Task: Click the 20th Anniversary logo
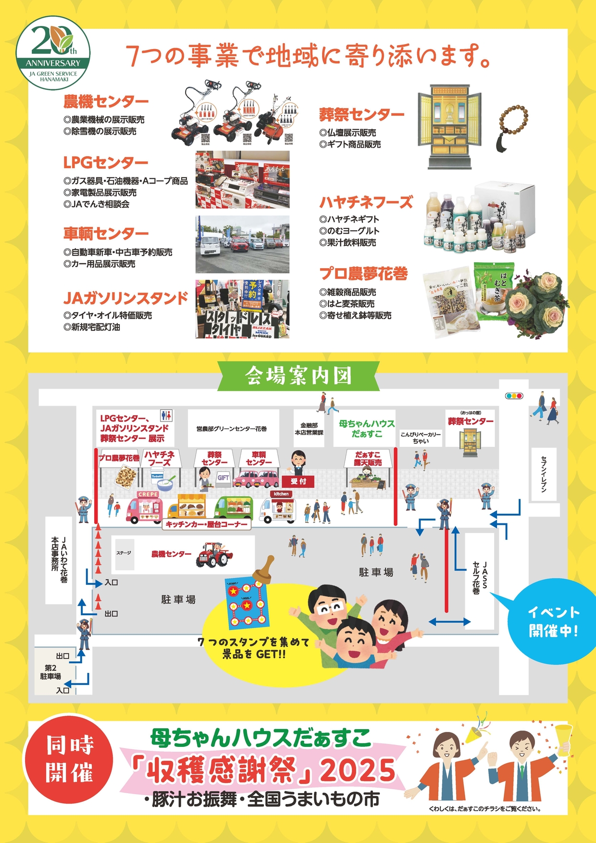point(53,53)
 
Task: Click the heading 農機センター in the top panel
point(106,102)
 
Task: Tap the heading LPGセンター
point(106,162)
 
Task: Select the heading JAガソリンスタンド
point(125,298)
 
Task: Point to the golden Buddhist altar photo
point(449,127)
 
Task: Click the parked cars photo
point(242,244)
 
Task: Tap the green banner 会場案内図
point(298,376)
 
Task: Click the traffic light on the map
point(514,396)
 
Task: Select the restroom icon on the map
point(166,415)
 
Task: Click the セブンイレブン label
point(544,474)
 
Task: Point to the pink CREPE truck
point(145,508)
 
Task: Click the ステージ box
point(124,553)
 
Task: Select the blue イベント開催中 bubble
point(553,620)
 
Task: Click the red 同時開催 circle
point(70,760)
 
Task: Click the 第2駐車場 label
point(51,672)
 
